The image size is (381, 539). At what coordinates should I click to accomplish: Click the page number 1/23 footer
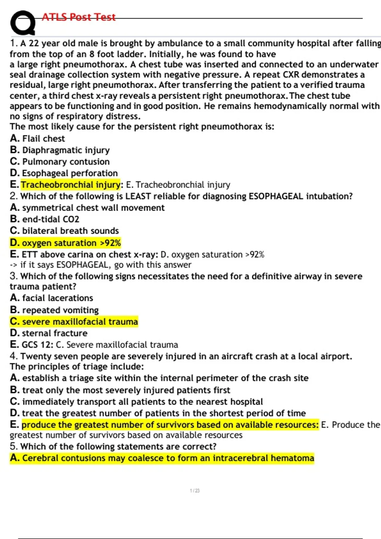point(195,490)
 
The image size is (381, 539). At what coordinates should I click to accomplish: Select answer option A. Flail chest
point(37,139)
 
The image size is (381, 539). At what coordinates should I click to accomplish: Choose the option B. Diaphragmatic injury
point(60,150)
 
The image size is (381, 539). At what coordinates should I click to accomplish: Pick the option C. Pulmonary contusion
point(60,162)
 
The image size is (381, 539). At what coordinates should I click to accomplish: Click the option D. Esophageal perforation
point(64,173)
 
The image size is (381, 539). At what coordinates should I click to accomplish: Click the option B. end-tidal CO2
point(44,219)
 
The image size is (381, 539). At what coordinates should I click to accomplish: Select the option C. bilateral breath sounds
point(64,231)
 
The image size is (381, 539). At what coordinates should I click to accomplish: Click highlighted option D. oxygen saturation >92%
point(65,243)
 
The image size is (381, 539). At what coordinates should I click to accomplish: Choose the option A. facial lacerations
point(51,298)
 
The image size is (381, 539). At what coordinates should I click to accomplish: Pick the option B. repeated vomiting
point(54,310)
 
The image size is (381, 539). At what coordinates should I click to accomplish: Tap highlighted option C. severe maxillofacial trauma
point(74,321)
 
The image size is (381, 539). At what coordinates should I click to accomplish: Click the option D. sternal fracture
point(49,333)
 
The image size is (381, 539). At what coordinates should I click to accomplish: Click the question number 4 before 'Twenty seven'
point(13,356)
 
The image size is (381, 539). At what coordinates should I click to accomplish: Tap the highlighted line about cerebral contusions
point(162,458)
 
